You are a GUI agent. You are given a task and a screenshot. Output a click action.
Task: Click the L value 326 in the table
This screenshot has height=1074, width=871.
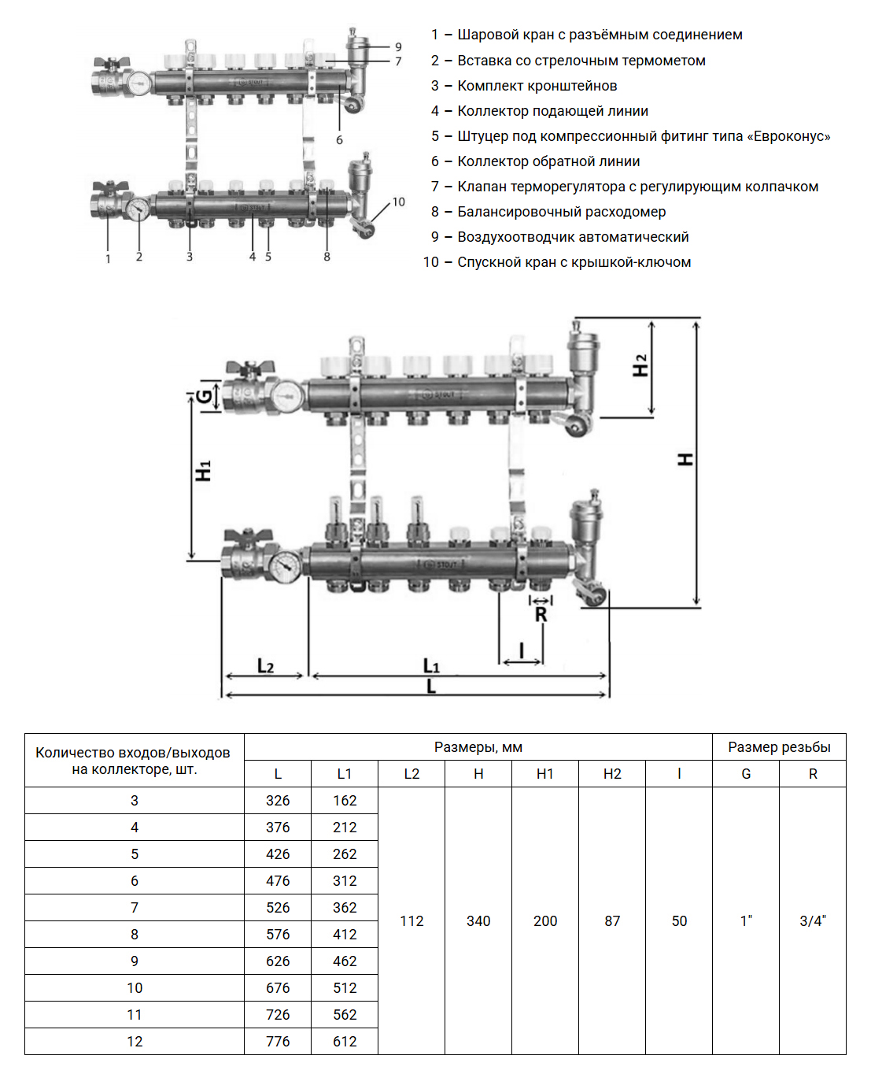pyautogui.click(x=278, y=801)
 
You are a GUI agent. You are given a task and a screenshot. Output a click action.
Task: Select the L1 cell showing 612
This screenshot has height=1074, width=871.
pyautogui.click(x=345, y=1042)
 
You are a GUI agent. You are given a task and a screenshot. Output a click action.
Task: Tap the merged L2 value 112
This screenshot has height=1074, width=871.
pyautogui.click(x=412, y=921)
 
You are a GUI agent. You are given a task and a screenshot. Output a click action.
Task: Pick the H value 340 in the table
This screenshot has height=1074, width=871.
pyautogui.click(x=478, y=921)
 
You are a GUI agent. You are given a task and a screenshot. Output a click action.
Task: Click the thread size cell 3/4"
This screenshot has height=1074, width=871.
pyautogui.click(x=813, y=921)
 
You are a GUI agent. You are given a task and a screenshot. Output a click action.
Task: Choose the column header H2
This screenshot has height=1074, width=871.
pyautogui.click(x=612, y=774)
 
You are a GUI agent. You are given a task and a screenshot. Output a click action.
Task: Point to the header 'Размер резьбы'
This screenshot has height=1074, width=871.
pyautogui.click(x=779, y=747)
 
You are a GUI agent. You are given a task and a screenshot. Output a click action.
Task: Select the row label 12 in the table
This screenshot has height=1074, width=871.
pyautogui.click(x=135, y=1042)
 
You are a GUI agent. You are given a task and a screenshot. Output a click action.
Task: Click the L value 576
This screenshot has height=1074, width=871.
pyautogui.click(x=278, y=935)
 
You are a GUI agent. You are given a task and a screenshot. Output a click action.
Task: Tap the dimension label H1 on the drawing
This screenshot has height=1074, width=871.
pyautogui.click(x=203, y=471)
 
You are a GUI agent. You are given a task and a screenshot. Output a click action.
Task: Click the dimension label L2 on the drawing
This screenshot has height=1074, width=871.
pyautogui.click(x=265, y=667)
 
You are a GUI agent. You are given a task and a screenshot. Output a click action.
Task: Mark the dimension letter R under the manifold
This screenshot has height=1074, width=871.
pyautogui.click(x=541, y=615)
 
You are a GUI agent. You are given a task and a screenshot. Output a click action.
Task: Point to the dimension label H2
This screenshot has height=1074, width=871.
pyautogui.click(x=640, y=365)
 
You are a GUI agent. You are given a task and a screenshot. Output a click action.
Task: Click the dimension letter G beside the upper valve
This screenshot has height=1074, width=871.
pyautogui.click(x=205, y=396)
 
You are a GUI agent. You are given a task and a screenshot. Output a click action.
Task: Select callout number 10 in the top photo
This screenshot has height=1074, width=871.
pyautogui.click(x=399, y=202)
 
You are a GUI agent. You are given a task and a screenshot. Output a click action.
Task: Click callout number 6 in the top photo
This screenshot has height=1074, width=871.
pyautogui.click(x=339, y=140)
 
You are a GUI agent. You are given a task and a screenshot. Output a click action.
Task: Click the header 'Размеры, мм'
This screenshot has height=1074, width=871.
pyautogui.click(x=478, y=747)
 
